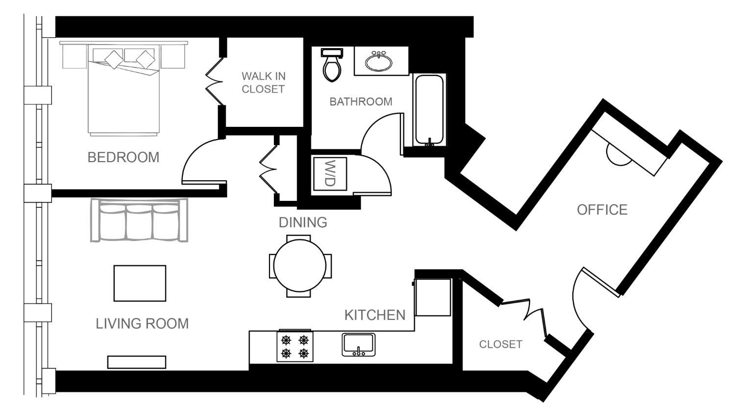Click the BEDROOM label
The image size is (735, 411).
pos(123,157)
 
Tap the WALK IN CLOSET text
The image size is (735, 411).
pos(263,83)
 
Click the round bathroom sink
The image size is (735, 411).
pos(378,62)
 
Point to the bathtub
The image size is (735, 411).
pos(430,110)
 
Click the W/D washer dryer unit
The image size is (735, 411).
pos(330,173)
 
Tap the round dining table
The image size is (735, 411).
pos(300,266)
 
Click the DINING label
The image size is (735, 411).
pos(303,222)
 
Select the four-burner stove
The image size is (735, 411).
pos(295,347)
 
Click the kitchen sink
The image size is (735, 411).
pos(359,344)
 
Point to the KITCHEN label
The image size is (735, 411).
pos(375,315)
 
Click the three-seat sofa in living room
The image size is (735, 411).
pos(140,220)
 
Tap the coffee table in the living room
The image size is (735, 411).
pos(140,283)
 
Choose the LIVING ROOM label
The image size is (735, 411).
pos(142,324)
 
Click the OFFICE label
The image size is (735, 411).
pos(602,210)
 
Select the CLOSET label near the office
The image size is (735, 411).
pos(500,344)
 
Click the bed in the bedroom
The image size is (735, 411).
pos(123,91)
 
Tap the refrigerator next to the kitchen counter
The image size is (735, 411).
pos(433,297)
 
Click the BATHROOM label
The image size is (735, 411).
pos(361,102)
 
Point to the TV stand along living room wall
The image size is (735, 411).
pos(137,363)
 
